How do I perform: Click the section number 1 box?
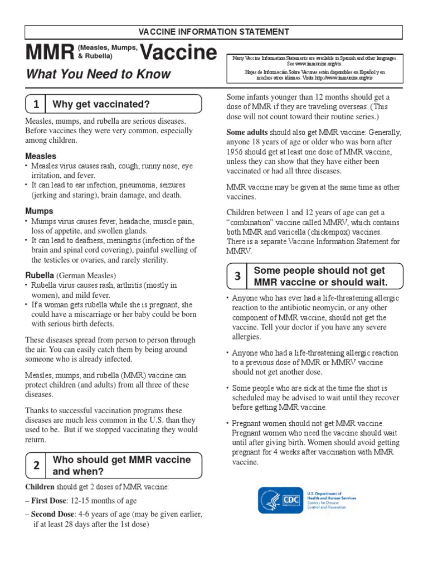click(36, 104)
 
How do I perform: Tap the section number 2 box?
click(36, 466)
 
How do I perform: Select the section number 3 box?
click(237, 276)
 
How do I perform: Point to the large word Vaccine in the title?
click(178, 53)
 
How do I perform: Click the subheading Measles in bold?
click(41, 156)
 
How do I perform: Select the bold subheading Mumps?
click(39, 211)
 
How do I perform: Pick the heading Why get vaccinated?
click(101, 104)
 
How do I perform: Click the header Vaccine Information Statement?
click(214, 32)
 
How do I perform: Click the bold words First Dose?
click(49, 501)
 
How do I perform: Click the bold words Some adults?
click(247, 132)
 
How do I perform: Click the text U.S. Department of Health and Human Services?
click(331, 495)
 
